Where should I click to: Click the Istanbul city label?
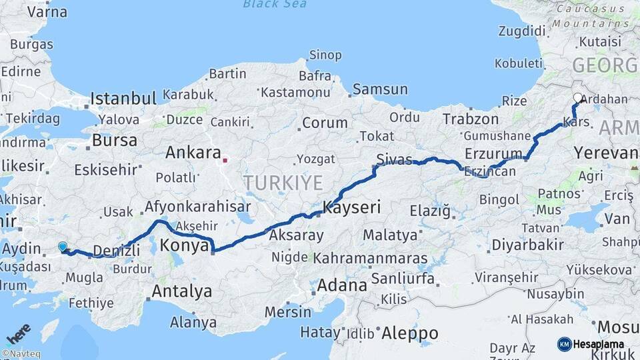123,99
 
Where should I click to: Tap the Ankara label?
193,153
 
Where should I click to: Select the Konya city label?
185,245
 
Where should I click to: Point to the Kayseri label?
351,207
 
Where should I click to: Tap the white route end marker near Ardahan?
577,98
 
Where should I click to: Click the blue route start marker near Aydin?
63,247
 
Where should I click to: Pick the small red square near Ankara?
225,160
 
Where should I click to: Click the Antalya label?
181,291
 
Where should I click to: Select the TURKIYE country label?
283,183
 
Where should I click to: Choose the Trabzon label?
471,119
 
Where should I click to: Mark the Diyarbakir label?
526,245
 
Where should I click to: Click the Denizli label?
116,250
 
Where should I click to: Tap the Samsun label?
379,89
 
